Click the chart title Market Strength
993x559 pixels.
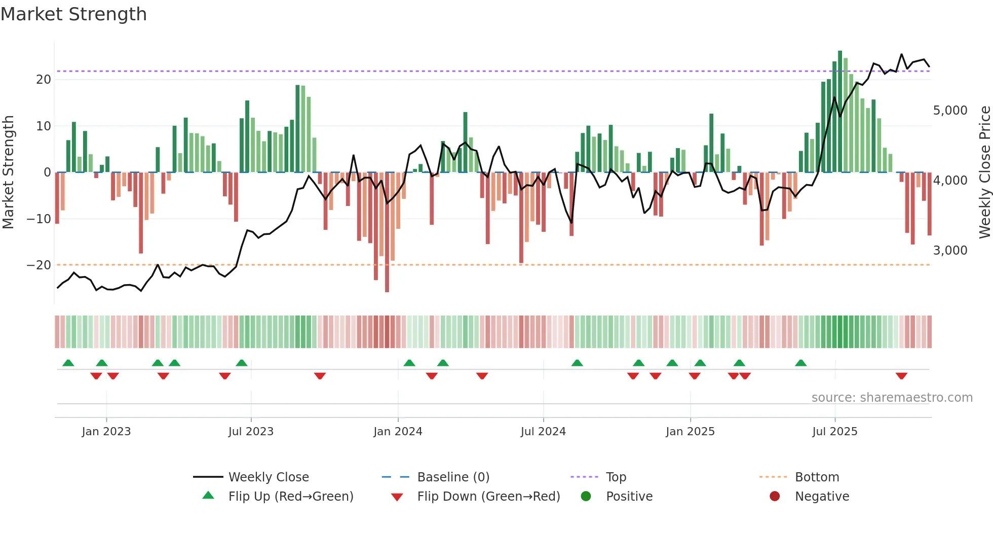point(73,14)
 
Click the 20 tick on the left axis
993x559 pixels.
point(44,80)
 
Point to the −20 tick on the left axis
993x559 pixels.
point(39,265)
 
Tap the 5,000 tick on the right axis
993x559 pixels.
point(950,111)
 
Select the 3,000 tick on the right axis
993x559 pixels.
point(950,251)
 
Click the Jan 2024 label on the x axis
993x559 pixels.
point(398,432)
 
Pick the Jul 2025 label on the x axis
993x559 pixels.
point(834,432)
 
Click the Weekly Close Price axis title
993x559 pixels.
point(984,172)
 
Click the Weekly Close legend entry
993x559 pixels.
point(268,477)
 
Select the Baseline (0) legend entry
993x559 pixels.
point(453,477)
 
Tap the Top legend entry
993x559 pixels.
point(616,477)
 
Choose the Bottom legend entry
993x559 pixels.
point(817,477)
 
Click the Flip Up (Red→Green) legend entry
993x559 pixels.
point(290,497)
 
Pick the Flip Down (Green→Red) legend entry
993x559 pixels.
point(488,497)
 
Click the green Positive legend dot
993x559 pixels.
point(586,497)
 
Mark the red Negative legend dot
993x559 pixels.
point(775,497)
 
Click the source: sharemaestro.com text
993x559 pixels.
point(892,398)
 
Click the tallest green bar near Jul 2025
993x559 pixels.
point(840,112)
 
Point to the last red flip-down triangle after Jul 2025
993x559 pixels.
point(901,376)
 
